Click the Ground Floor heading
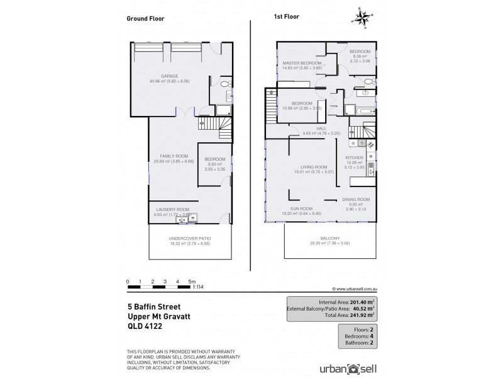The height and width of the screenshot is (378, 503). coord(146,19)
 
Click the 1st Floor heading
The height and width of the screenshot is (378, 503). coord(287,19)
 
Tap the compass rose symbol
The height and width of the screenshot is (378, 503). coord(362,18)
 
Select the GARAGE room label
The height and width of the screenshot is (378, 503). coord(169,76)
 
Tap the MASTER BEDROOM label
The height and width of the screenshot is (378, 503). coord(302,63)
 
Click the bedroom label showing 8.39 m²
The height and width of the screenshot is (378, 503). coord(360,51)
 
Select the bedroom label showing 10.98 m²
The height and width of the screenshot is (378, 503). coord(302,103)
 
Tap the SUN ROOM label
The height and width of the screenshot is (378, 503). coord(301,208)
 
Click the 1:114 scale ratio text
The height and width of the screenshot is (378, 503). coord(199,287)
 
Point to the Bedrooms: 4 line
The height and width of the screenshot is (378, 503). coord(356,335)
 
